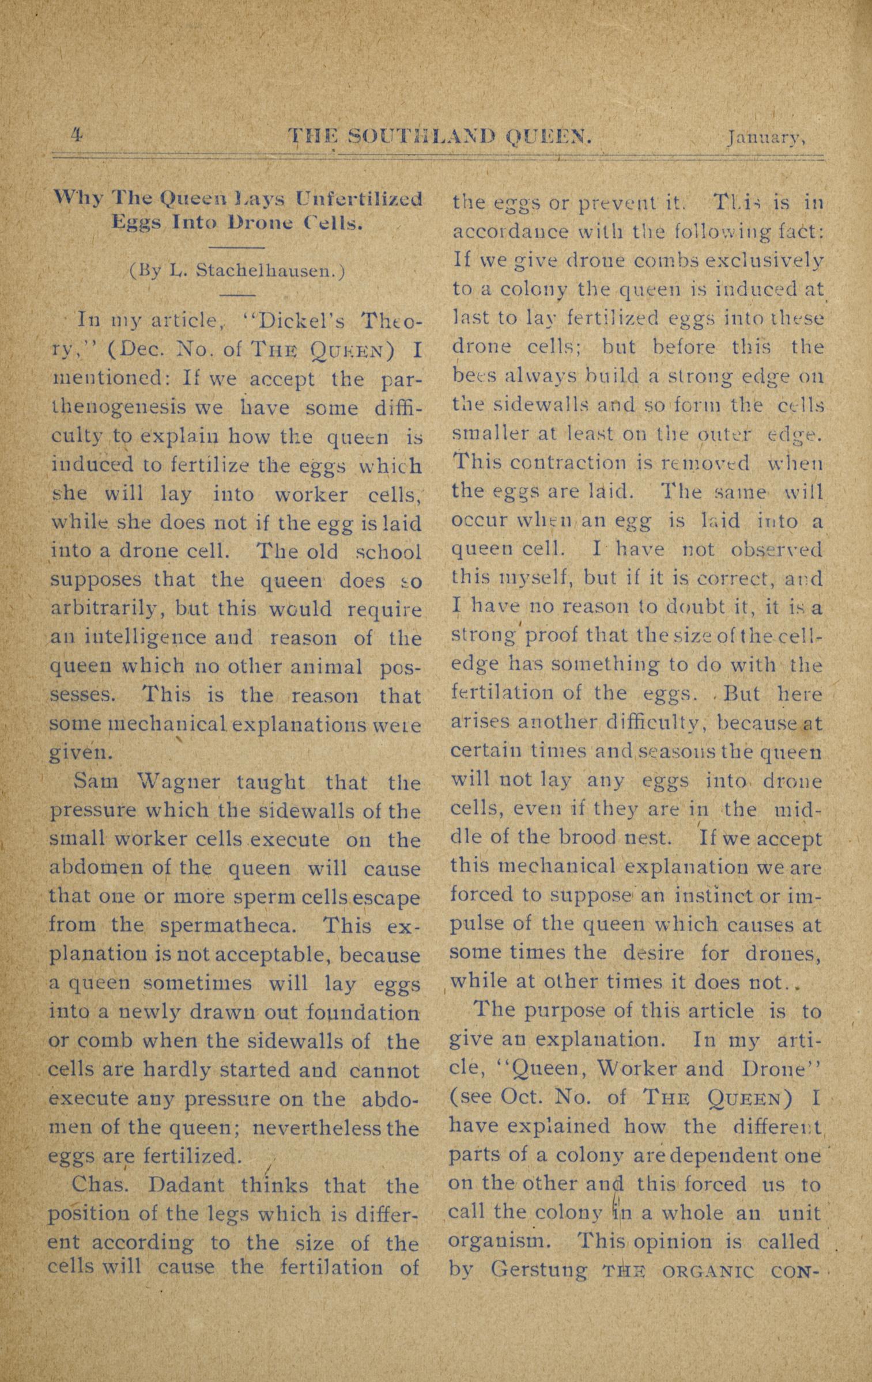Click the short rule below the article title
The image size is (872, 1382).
[x=236, y=248]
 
